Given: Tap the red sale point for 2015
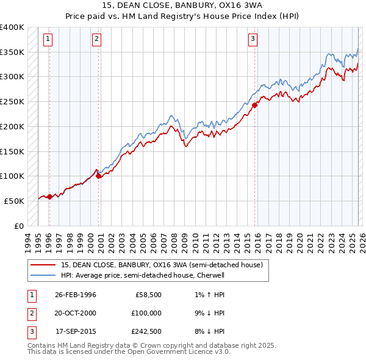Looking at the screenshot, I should click(256, 105).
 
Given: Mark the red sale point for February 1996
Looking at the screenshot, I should click(49, 196).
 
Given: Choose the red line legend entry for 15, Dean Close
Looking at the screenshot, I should click(162, 265).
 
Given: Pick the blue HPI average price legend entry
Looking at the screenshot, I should click(143, 275).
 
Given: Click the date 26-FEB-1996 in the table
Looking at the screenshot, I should click(75, 295).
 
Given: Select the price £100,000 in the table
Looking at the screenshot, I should click(147, 313).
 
